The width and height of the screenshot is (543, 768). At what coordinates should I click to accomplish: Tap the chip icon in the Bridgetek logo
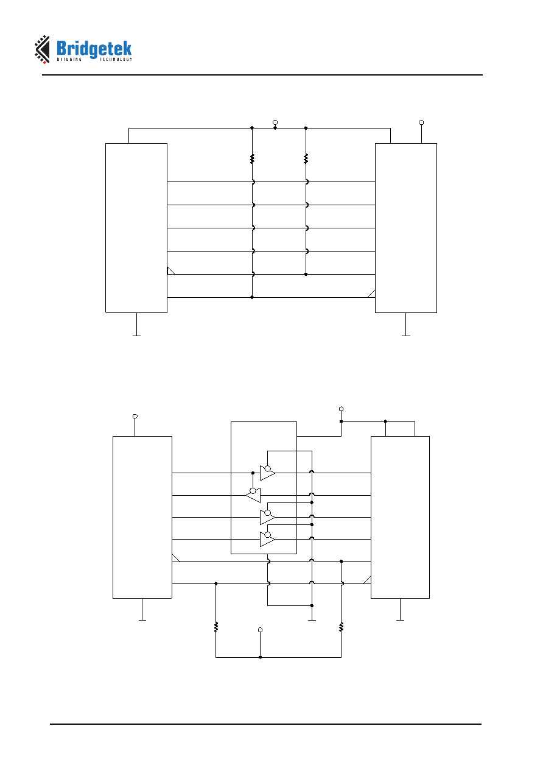click(42, 49)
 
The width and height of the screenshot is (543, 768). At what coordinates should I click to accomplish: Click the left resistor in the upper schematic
click(252, 159)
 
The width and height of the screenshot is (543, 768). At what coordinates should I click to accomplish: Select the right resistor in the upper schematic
click(306, 159)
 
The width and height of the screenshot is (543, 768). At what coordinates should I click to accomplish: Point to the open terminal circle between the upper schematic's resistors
click(275, 122)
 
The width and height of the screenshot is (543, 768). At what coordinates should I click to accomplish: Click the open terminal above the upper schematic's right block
click(421, 122)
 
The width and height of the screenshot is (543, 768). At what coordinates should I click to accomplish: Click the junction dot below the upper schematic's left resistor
click(252, 297)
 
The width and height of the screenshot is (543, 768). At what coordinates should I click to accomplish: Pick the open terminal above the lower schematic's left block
click(135, 416)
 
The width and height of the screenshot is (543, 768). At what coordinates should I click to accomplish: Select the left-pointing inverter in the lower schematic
click(253, 495)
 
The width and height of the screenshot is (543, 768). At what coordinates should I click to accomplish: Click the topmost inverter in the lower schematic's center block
click(267, 473)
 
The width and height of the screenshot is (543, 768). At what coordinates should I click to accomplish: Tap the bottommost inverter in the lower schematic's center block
click(267, 539)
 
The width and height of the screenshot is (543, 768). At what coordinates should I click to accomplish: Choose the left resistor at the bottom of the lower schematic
click(216, 627)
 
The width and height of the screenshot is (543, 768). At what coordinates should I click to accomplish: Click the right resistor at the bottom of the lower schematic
click(342, 627)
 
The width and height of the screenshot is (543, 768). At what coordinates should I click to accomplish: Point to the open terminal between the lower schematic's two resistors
click(261, 630)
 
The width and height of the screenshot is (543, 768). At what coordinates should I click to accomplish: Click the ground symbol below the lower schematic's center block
click(312, 620)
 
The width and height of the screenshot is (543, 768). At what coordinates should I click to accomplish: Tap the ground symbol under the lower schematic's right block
click(400, 620)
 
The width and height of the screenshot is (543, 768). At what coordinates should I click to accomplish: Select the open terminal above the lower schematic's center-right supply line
click(342, 409)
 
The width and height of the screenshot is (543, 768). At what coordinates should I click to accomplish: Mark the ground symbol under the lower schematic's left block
click(142, 620)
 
